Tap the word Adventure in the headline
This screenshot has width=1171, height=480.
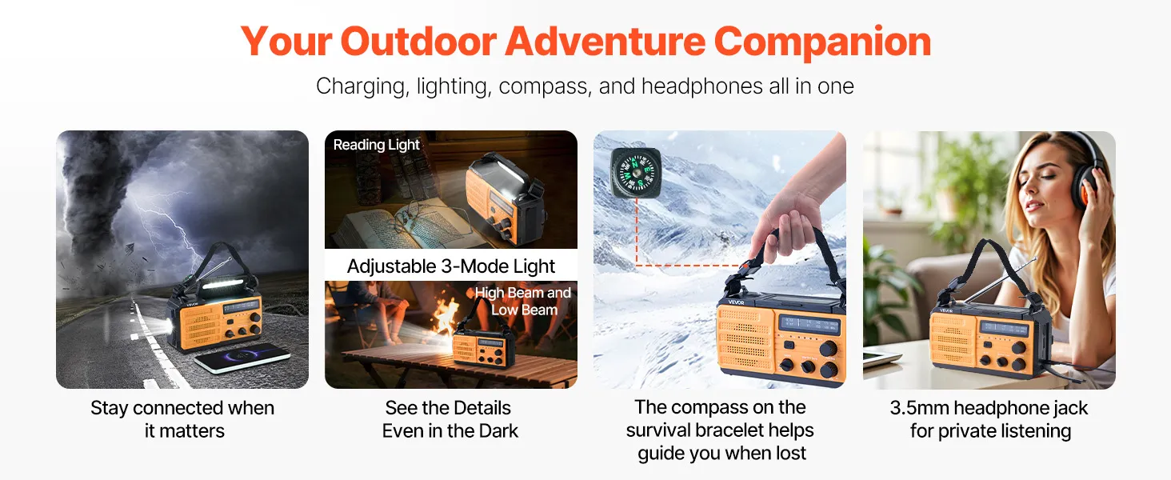coord(605,41)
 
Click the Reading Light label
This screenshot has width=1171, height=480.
coord(377,145)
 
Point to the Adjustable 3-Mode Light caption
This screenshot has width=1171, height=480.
coord(450,266)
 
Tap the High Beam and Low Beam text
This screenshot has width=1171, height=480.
coord(523,301)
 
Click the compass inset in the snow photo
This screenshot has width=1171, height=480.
coord(636,173)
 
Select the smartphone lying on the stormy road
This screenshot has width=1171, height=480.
coord(242,357)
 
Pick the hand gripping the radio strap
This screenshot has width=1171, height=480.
coord(789,209)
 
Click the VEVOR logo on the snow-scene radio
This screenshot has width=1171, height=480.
coord(736,302)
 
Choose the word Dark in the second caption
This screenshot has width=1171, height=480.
coord(498,431)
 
